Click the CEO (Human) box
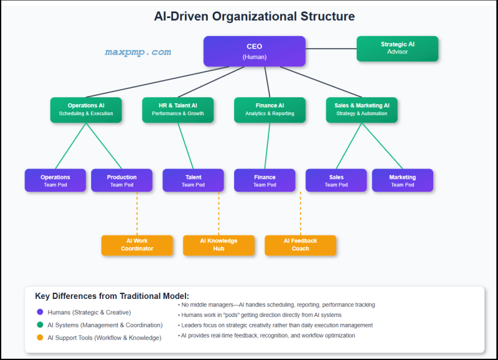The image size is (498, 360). pos(254,51)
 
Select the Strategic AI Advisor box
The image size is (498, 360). pos(397,49)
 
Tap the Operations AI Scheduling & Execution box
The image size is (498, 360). pos(86,110)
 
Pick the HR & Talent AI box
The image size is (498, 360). pos(177,110)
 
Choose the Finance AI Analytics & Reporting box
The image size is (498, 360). pos(270,110)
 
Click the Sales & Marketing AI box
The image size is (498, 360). pos(362,110)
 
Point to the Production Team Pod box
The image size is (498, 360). pos(121,180)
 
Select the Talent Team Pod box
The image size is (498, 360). pos(193,180)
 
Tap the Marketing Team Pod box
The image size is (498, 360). pos(402,180)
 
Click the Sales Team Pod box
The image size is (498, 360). pos(336,180)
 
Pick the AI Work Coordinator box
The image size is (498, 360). pos(137,245)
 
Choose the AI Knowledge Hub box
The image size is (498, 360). pos(218,245)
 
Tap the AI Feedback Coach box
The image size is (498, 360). pos(300,245)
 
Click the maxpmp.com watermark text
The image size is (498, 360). pos(138,52)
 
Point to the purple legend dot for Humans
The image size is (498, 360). pos(40,312)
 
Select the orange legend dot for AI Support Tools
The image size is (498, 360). pos(40,338)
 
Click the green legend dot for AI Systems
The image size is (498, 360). pos(40,325)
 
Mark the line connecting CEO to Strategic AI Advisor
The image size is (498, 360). pos(331,49)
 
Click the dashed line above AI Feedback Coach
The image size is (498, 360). pos(300,214)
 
